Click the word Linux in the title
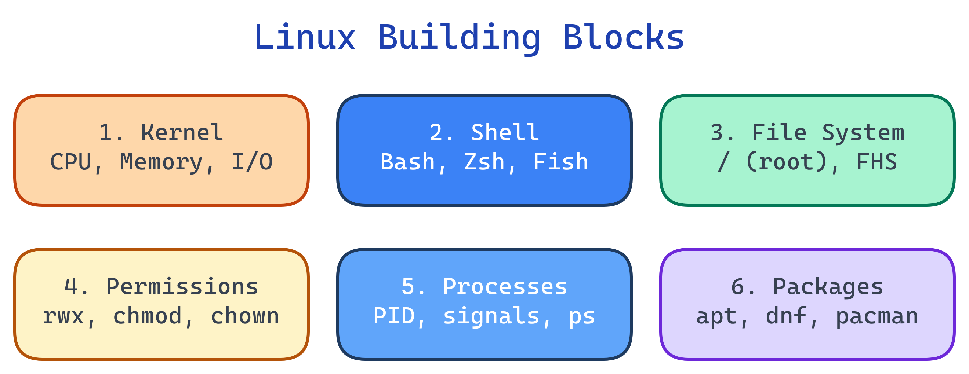pos(305,38)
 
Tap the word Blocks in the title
pos(623,38)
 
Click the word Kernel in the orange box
pos(182,133)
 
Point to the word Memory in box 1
pos(161,162)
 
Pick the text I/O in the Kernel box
pos(252,162)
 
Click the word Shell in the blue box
pos(505,133)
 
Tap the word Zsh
pos(484,162)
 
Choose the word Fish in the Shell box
pos(560,162)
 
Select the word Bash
pos(407,162)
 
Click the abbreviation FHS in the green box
pos(877,162)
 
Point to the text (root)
pos(786,162)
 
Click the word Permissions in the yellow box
pos(182,287)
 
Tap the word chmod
pos(148,316)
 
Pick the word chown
pos(244,316)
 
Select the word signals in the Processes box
pos(491,316)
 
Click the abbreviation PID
pos(394,316)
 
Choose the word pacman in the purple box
pos(877,316)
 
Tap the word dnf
pos(786,316)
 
